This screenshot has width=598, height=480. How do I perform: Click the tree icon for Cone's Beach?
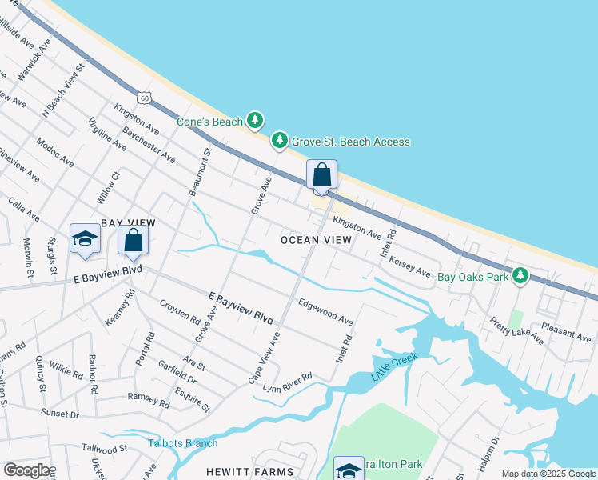tap(254, 121)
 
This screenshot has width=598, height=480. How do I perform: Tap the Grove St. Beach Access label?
tap(350, 142)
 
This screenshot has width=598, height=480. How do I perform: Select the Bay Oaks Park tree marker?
tap(520, 276)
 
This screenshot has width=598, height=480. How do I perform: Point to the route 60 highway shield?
tap(143, 98)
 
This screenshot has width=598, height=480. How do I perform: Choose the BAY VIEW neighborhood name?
tap(127, 222)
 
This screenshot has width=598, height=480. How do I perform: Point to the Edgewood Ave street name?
tap(325, 312)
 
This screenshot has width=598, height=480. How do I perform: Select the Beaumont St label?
tap(198, 170)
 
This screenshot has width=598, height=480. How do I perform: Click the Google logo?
tap(27, 470)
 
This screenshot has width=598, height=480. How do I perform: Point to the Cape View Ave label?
tap(265, 358)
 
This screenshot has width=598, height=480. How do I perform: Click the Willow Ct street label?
tap(107, 186)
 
